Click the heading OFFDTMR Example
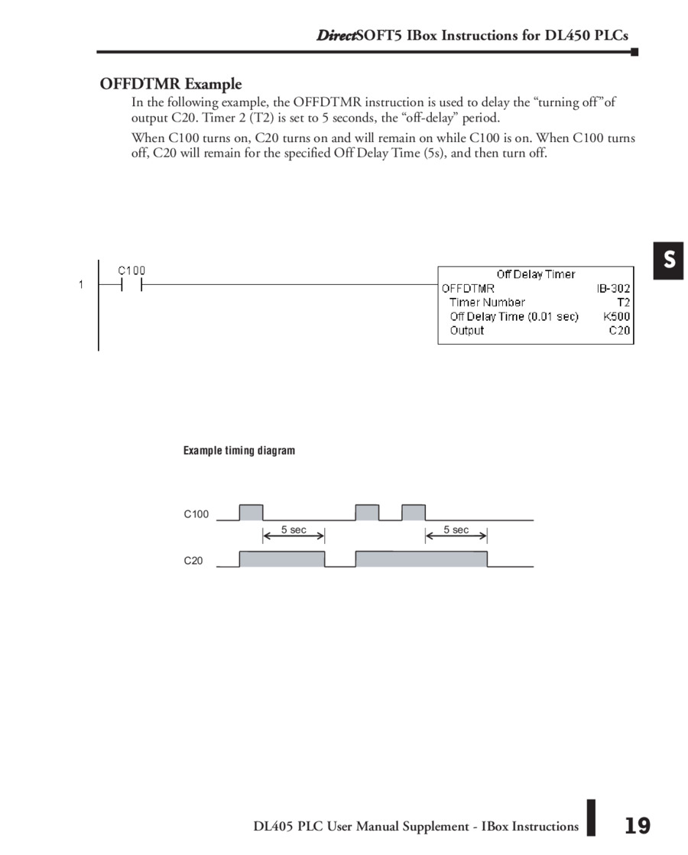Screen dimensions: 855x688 point(170,84)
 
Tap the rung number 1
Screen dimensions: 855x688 point(80,285)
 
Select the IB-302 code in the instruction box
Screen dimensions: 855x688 point(613,288)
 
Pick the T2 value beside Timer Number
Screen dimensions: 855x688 point(623,302)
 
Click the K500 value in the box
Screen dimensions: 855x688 point(616,316)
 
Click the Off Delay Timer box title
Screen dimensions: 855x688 point(535,274)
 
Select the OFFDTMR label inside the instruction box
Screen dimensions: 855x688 point(468,288)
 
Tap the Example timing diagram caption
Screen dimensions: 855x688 point(239,451)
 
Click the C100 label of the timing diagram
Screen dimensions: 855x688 point(196,514)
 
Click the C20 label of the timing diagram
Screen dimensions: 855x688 point(193,561)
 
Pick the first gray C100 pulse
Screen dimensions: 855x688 point(251,512)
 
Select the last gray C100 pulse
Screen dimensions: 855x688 point(414,512)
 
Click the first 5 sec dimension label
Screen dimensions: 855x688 point(294,530)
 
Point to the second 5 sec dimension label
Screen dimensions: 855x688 point(456,530)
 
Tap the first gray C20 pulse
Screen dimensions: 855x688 point(282,559)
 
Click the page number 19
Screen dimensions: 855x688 point(637,825)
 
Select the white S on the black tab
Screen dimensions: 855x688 point(669,261)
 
